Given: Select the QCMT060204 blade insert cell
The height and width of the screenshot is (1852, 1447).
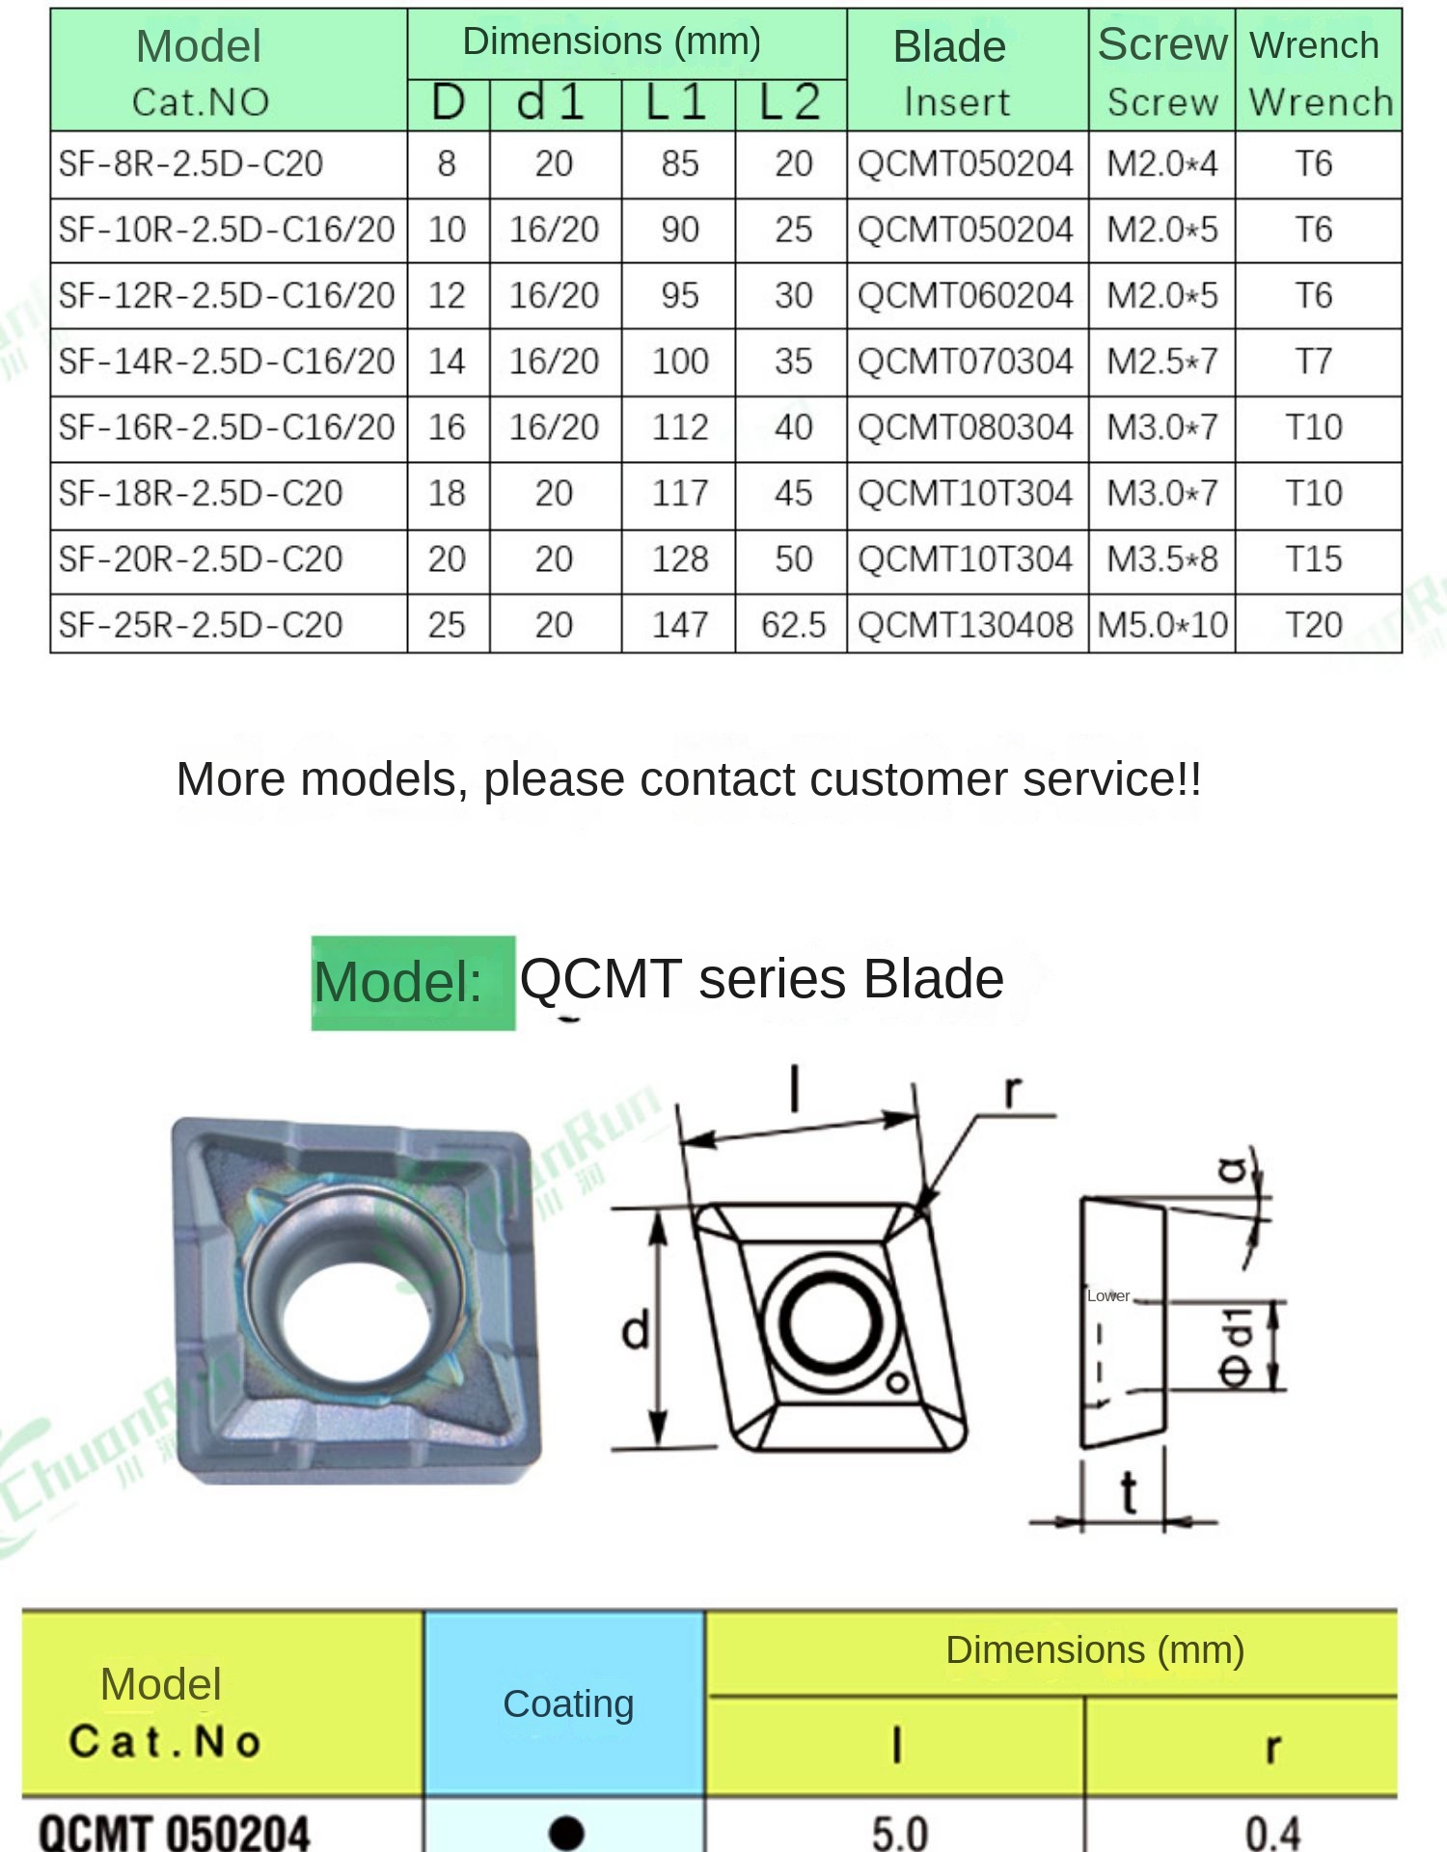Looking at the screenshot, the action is (966, 295).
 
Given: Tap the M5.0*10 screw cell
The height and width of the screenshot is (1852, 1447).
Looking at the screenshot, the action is (1162, 625).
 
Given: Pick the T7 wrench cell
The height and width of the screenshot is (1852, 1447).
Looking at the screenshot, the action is (1314, 362).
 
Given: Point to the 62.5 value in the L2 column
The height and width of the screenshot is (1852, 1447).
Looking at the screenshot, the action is (793, 625).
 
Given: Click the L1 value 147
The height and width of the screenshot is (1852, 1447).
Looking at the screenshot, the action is (680, 625).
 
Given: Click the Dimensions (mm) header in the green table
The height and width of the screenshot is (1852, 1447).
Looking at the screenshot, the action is (612, 41).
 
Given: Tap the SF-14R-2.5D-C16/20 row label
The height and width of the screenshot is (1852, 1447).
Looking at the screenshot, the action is (227, 362).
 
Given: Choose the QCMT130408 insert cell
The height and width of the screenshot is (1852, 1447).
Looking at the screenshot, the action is (966, 625).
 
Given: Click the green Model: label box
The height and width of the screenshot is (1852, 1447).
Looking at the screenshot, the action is (413, 983).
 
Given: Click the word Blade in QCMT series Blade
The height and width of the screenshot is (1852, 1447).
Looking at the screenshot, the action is (934, 979).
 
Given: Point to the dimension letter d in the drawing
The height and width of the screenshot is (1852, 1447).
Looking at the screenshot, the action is (636, 1331).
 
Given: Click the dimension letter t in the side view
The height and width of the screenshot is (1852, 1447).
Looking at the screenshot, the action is (1128, 1493).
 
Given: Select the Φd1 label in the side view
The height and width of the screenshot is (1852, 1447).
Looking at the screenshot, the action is (1238, 1348).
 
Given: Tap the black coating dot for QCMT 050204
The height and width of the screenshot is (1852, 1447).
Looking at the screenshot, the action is (566, 1832).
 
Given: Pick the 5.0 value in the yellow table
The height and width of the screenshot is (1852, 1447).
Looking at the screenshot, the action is (900, 1833).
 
